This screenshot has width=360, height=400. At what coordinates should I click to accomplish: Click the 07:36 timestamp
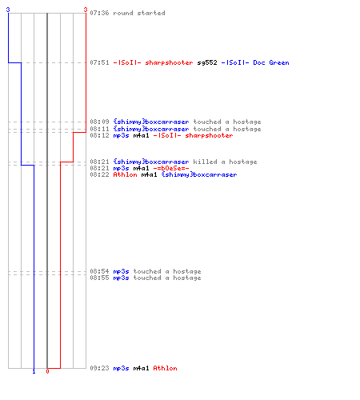click(x=99, y=13)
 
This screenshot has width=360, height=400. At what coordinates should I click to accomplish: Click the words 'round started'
click(x=139, y=13)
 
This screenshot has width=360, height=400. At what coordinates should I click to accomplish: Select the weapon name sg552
click(x=207, y=62)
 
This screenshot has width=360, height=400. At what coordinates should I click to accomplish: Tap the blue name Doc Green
click(x=271, y=62)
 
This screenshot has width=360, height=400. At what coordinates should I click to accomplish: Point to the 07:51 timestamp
click(x=99, y=62)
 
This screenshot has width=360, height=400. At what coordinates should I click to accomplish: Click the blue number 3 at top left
click(x=8, y=10)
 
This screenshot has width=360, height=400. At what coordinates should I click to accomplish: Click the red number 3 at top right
click(x=86, y=10)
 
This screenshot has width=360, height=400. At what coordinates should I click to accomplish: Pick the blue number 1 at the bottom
click(x=34, y=371)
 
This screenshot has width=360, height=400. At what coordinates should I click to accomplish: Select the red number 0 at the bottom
click(x=47, y=371)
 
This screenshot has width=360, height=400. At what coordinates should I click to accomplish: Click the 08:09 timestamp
click(x=99, y=122)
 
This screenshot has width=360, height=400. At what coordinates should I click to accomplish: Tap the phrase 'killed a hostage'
click(x=225, y=162)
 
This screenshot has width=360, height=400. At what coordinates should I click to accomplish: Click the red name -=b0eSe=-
click(x=171, y=168)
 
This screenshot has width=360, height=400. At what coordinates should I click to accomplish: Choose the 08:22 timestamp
click(x=99, y=174)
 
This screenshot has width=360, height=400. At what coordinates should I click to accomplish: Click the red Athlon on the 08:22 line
click(x=125, y=174)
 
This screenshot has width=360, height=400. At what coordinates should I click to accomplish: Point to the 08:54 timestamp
click(x=99, y=271)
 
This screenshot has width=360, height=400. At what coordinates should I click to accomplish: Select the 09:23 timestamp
click(x=99, y=368)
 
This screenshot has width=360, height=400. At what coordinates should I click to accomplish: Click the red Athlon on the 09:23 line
click(x=165, y=368)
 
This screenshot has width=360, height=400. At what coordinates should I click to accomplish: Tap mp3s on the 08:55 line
click(x=121, y=278)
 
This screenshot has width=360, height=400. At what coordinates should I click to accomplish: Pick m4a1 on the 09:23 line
click(x=141, y=368)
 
